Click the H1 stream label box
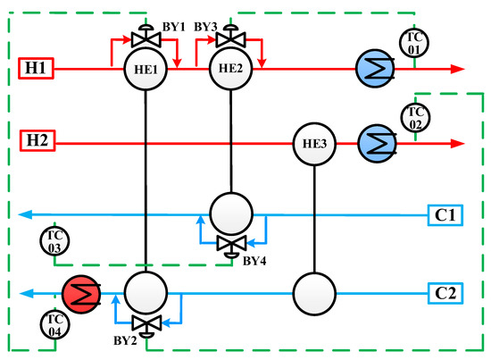pos(40,68)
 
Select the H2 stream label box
pos(40,141)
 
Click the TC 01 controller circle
pos(414,42)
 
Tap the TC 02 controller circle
pos(414,117)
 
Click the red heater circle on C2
pos(83,292)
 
